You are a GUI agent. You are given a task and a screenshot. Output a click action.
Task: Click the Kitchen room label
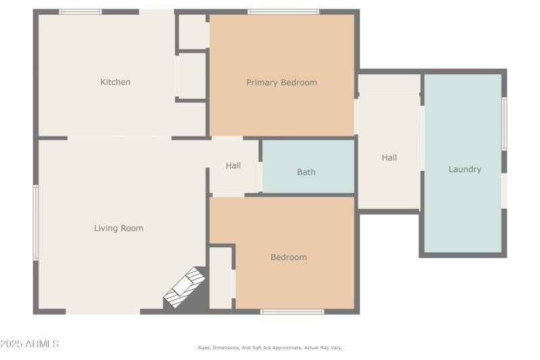(x=115, y=82)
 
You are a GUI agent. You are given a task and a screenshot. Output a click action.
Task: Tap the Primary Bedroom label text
(x=281, y=82)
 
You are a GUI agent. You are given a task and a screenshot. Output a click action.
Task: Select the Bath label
(x=306, y=172)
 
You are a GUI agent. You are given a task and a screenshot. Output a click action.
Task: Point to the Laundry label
(x=465, y=170)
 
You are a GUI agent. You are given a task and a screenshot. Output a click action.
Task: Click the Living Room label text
(x=119, y=228)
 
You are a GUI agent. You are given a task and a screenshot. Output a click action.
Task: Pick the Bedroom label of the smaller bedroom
(x=288, y=257)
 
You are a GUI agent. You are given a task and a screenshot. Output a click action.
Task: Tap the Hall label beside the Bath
(x=234, y=165)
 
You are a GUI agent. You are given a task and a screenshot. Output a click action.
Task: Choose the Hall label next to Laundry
(x=389, y=158)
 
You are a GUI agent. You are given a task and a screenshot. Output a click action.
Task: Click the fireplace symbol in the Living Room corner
(x=185, y=288)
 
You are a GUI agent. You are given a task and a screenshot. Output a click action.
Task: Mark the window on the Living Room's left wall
(x=36, y=223)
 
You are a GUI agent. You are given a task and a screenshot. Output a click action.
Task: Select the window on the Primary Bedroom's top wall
(x=283, y=11)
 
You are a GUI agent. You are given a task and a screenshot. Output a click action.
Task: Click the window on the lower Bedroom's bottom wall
(x=292, y=311)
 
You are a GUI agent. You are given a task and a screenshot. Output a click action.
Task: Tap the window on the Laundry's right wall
(x=504, y=124)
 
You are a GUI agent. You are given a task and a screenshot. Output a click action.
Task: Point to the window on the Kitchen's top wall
(x=80, y=11)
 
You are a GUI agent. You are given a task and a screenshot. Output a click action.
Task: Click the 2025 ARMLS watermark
(x=30, y=344)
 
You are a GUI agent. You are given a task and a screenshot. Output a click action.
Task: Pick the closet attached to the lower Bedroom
(x=221, y=278)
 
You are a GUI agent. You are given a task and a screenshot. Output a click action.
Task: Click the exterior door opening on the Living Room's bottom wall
(x=103, y=311)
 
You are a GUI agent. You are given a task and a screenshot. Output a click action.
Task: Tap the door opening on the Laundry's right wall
(x=504, y=190)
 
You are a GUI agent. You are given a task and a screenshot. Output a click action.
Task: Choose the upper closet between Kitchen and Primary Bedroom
(x=192, y=32)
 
